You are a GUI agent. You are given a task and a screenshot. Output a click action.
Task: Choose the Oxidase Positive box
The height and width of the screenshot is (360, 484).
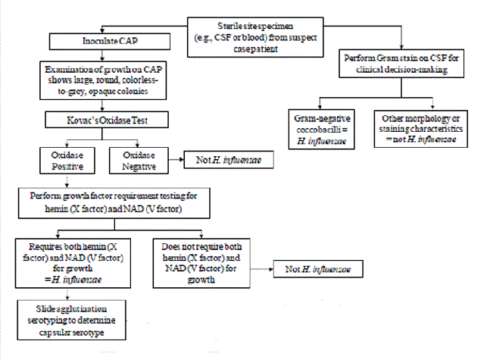click(67, 158)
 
